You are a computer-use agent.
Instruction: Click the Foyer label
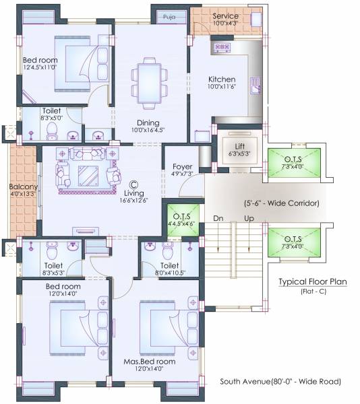click(183, 166)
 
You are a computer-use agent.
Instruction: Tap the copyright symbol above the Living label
click(133, 183)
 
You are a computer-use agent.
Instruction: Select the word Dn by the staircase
click(218, 218)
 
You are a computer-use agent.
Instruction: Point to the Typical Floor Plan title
click(313, 282)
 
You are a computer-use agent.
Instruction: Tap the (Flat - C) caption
click(313, 292)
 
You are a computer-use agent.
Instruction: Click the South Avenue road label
click(280, 382)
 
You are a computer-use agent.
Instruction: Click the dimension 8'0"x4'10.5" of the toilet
click(166, 273)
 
